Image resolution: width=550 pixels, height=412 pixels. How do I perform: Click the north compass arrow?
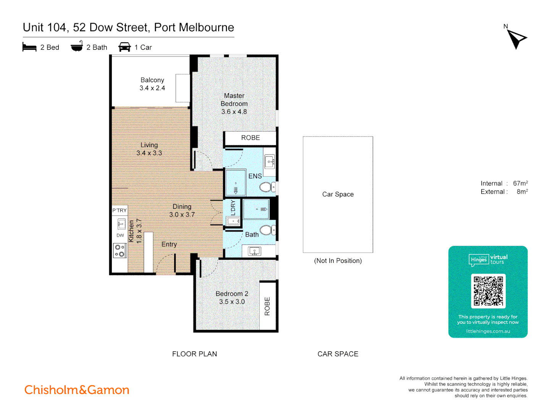coord(516,39)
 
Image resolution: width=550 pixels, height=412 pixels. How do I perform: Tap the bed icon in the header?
coord(29,47)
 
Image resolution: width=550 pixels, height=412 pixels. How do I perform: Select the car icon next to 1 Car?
coord(125,47)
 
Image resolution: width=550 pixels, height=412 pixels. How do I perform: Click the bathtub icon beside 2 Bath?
coord(77,46)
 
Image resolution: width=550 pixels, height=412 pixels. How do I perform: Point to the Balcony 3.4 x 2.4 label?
coord(152,84)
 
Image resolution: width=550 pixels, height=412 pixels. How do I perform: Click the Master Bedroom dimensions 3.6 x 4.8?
coord(234,112)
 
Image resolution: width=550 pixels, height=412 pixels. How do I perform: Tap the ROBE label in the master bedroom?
coord(250,138)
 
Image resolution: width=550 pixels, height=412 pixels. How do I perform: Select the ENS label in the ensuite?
coord(255,176)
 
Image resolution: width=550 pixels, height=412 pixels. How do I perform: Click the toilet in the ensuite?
coord(266,187)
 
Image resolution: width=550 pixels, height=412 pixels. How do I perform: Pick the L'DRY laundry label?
coord(233,208)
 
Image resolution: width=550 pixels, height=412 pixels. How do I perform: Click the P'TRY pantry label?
coord(120,210)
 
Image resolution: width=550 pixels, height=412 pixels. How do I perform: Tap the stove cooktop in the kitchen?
coord(120,251)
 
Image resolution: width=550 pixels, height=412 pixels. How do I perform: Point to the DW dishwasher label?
coord(120,235)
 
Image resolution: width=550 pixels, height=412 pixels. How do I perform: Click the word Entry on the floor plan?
coord(169,244)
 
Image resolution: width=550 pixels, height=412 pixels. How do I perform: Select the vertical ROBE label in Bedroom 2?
coord(267,306)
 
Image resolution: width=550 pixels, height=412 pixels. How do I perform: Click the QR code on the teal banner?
coord(488,291)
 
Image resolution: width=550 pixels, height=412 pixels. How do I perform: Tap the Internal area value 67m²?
coord(520,183)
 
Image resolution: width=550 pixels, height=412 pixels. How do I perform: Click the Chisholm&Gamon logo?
coord(77,390)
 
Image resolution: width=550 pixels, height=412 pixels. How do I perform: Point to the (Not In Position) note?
coord(338,261)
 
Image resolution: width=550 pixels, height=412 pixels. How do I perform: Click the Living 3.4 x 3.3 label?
coord(149,149)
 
